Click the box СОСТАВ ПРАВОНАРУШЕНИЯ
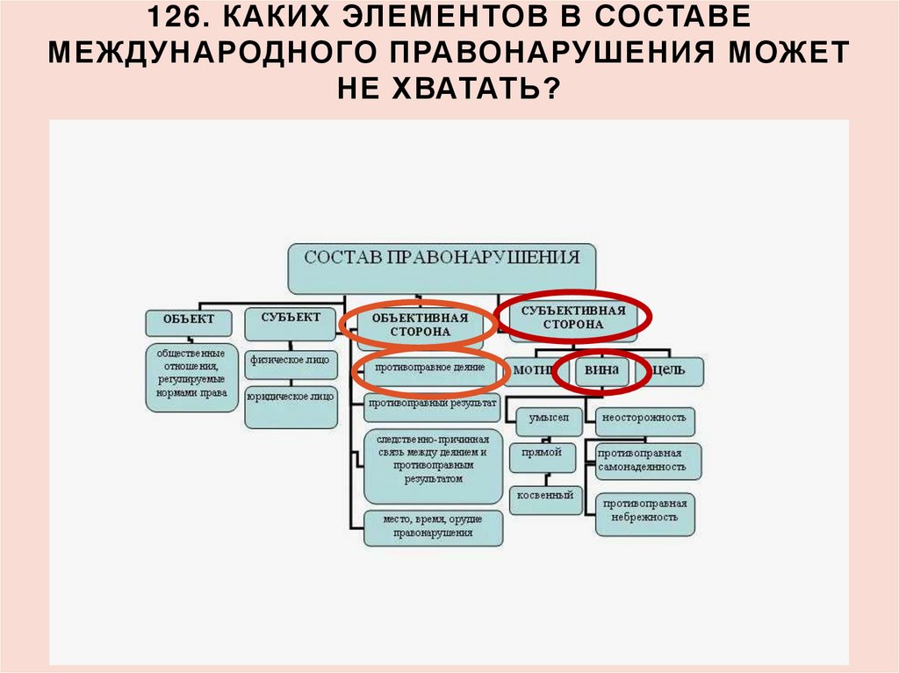tap(442, 267)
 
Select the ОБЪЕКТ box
tap(188, 321)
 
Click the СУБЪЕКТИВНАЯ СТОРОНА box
tap(573, 318)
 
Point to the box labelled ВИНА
tap(602, 370)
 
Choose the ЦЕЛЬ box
tap(674, 370)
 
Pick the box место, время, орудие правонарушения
tap(434, 526)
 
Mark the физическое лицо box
tap(290, 360)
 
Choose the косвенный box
tap(545, 497)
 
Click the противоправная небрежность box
tap(645, 512)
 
